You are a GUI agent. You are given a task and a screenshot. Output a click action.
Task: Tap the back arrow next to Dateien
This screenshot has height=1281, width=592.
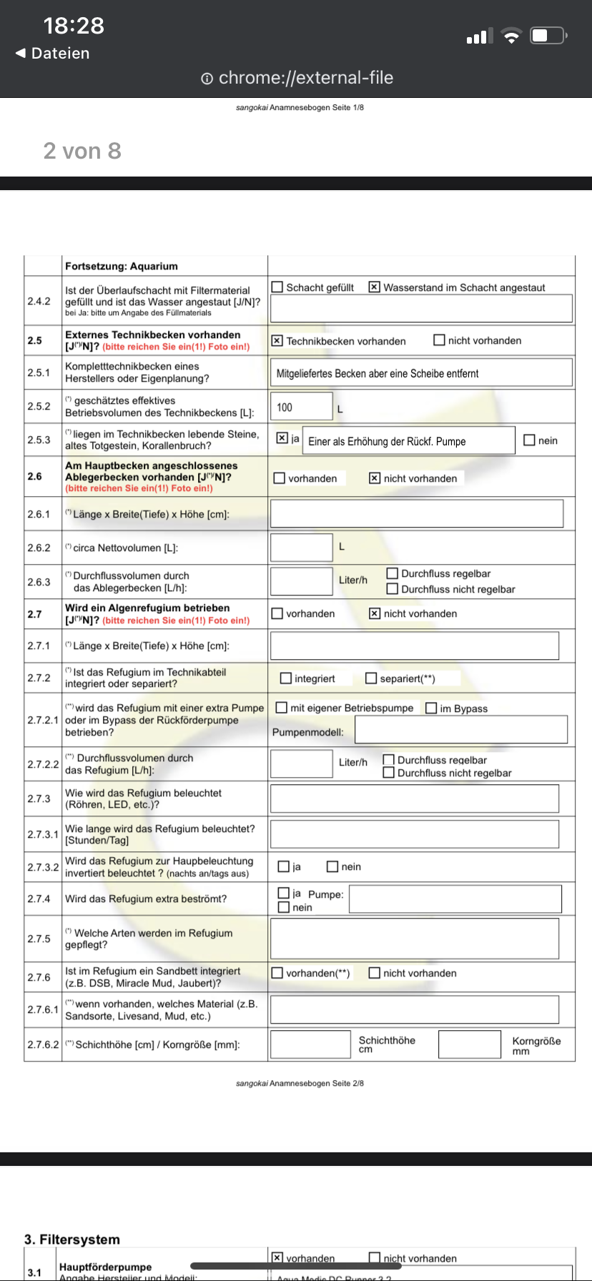pos(21,53)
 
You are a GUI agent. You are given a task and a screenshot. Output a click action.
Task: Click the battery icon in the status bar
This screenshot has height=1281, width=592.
pos(548,35)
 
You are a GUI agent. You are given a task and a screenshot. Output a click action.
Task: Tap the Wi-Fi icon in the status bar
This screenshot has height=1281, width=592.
pos(511,36)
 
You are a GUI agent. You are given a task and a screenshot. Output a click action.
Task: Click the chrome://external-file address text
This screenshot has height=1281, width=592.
pos(305,78)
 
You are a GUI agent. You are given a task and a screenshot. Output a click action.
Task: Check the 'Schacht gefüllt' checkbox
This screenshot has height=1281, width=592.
pos(277,287)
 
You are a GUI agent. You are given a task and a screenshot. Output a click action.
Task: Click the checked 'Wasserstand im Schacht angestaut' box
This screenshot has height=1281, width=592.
pos(374,287)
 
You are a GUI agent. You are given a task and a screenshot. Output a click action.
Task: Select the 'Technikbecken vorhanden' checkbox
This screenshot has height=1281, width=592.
pos(277,341)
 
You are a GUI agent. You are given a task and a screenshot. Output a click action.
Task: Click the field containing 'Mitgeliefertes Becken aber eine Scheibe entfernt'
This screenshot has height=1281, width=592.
pos(421,372)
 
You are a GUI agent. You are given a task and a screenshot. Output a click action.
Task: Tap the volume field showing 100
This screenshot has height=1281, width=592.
pos(301,406)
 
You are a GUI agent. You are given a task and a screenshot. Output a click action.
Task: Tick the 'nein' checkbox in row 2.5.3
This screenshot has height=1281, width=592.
pos(529,440)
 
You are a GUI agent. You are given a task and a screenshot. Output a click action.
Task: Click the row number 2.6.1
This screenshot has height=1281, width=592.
pos(39,514)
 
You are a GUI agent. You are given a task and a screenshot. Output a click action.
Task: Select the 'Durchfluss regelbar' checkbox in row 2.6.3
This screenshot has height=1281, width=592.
pos(392,573)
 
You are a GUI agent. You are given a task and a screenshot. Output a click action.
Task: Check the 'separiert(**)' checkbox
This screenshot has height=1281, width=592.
pos(371,678)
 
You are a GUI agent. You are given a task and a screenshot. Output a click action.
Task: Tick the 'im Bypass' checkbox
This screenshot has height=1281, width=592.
pos(431,708)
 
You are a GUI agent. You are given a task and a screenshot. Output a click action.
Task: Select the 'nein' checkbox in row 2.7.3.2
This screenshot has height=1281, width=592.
pos(332,866)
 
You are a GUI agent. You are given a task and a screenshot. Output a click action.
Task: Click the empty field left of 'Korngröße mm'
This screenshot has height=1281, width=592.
pos(469,1044)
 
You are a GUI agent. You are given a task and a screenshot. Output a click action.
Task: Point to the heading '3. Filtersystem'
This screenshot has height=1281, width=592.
pos(72,1239)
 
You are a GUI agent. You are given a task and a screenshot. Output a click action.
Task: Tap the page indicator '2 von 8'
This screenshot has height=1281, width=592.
pos(82,151)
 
